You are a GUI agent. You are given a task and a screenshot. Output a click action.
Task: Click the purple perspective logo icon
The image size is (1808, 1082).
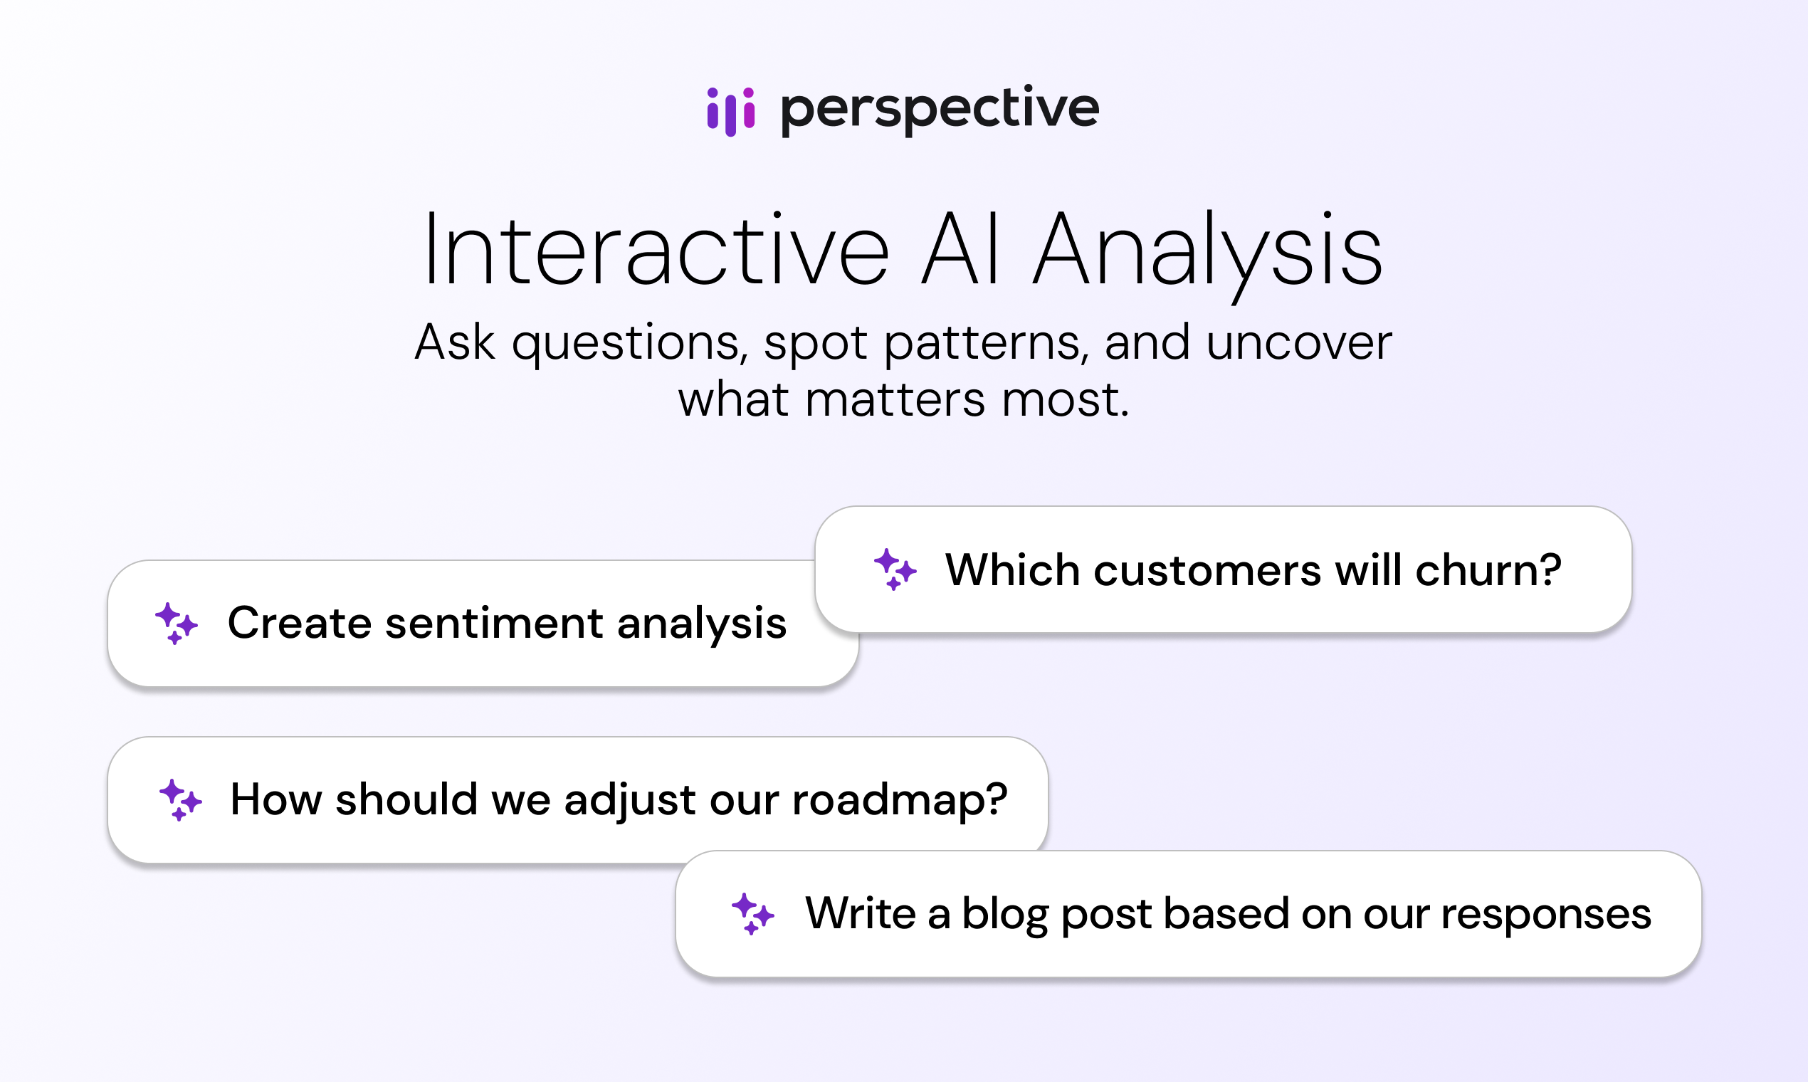[730, 112]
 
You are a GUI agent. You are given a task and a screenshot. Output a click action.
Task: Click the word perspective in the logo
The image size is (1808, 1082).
[940, 110]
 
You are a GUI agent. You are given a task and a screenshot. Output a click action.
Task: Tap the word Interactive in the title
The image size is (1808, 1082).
[657, 248]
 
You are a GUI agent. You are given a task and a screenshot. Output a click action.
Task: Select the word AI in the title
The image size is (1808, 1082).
[960, 248]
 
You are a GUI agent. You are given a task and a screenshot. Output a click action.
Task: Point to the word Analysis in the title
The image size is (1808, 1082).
[1207, 254]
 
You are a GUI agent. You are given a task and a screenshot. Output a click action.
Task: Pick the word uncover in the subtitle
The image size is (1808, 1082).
[1299, 342]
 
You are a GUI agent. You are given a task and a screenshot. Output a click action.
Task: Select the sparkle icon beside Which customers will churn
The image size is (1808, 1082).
[895, 569]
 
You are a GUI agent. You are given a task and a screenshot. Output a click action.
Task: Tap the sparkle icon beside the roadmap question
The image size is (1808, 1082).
[180, 800]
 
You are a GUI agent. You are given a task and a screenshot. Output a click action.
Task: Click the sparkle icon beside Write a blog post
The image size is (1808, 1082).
[753, 913]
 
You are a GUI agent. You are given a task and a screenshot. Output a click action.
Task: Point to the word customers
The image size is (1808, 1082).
[1207, 570]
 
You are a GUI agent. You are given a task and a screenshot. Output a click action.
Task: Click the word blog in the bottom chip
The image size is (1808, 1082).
[1005, 914]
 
